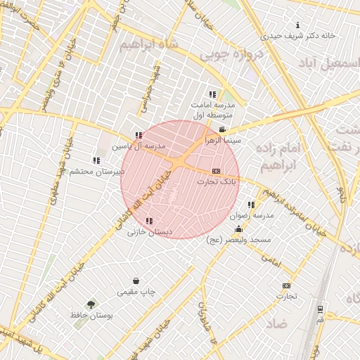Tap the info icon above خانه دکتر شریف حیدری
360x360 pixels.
coord(298,25)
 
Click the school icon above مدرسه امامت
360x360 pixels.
coord(212,94)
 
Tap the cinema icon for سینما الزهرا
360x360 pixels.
coord(223,130)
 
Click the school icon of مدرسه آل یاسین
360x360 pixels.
coord(139,135)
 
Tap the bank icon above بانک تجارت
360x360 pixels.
coord(216,171)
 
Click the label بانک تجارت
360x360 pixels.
coord(218,181)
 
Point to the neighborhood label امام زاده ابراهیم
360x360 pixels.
coord(279,157)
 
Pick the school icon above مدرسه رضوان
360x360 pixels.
coord(251,205)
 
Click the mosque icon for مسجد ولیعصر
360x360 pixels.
coord(238,229)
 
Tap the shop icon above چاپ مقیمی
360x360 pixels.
coord(136,281)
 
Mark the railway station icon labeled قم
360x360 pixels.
coord(321,309)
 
